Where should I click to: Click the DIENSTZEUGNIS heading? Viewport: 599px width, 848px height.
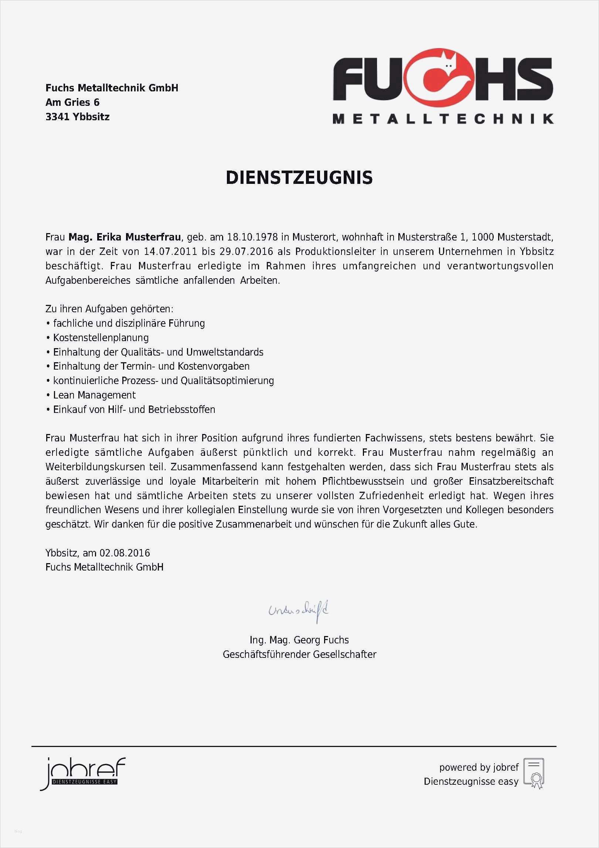point(299,178)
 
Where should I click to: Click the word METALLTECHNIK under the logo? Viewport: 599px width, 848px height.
point(443,119)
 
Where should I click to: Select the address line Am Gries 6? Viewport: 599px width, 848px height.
point(72,102)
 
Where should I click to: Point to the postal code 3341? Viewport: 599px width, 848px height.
point(57,117)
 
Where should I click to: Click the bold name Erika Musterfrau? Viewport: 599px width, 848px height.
point(139,237)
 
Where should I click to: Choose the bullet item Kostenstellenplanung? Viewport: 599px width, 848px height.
point(101,338)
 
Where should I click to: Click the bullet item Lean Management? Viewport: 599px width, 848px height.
point(94,395)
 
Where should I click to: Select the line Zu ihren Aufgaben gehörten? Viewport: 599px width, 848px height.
point(109,309)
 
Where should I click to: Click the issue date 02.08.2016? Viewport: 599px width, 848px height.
point(125,553)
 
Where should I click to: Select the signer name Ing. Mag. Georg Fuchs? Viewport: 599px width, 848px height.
point(299,640)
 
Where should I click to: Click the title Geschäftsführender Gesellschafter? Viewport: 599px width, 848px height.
point(299,654)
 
